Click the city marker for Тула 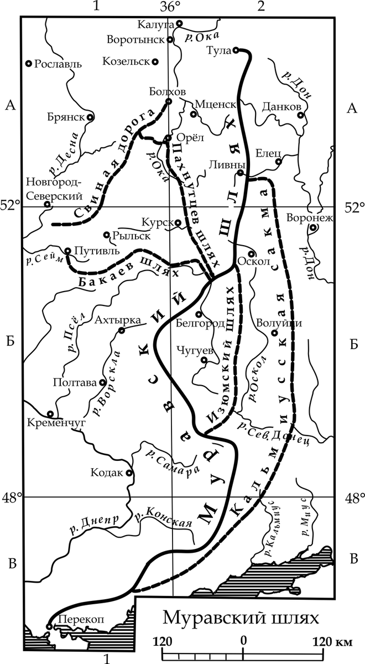coord(235,50)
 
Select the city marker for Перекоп coord(49,626)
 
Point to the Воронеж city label coord(310,217)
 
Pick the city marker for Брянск coord(90,117)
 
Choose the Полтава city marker coord(102,382)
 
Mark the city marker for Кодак coord(129,473)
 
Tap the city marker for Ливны coord(241,173)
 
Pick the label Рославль coord(58,64)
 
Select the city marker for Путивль coord(67,251)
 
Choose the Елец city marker coord(279,162)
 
